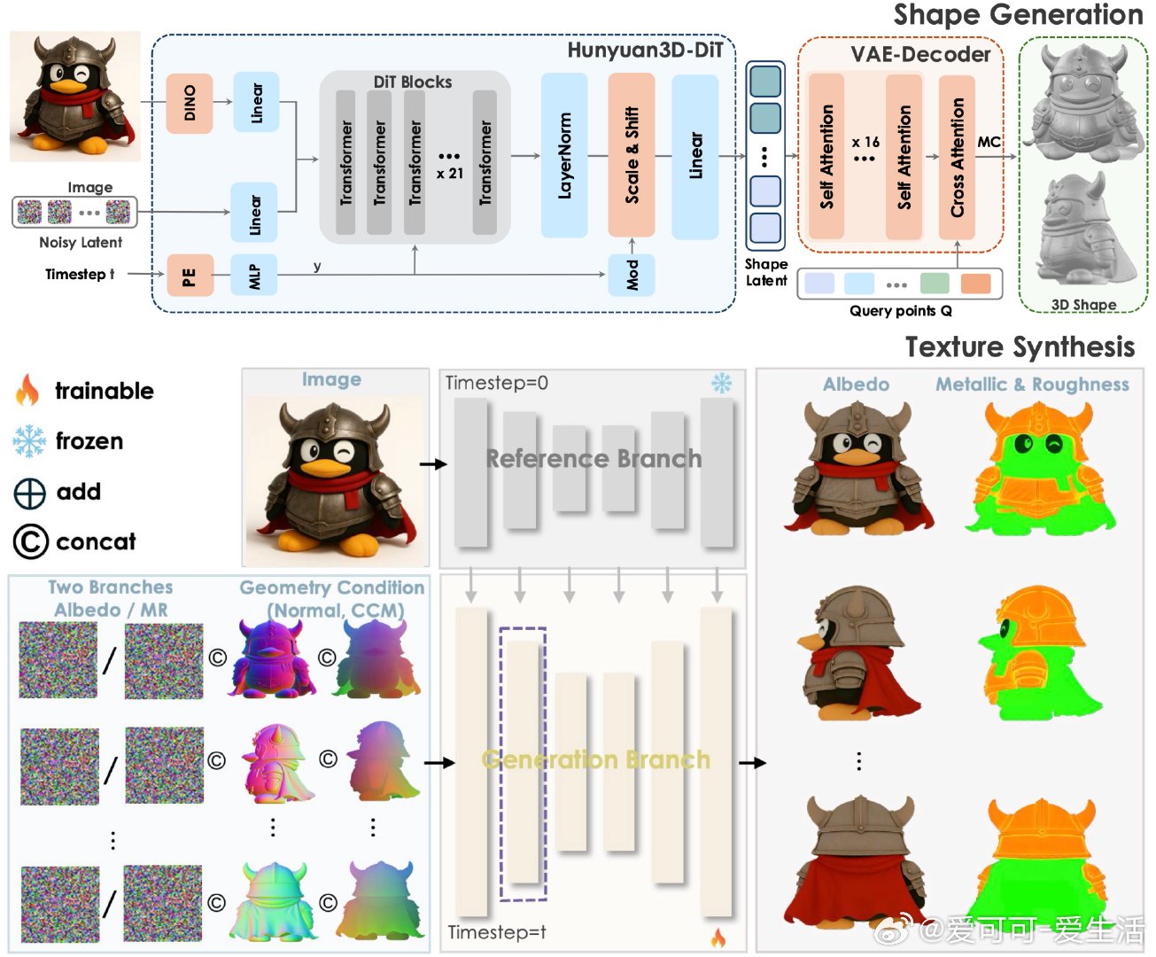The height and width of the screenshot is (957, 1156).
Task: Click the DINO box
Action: (x=190, y=103)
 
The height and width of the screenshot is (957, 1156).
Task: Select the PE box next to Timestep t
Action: (x=190, y=276)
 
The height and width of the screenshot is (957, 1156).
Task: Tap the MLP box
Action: (x=253, y=276)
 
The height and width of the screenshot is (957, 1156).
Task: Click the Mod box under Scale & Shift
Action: (x=631, y=276)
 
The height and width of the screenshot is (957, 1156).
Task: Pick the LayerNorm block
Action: (x=564, y=156)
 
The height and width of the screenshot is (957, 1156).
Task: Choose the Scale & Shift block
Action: (x=631, y=156)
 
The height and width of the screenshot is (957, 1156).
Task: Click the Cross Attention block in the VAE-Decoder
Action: (x=957, y=158)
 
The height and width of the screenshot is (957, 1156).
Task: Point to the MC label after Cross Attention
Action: (x=989, y=143)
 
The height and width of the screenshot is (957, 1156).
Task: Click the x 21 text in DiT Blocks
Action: (x=450, y=174)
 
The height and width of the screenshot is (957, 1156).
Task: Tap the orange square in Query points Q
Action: (x=975, y=284)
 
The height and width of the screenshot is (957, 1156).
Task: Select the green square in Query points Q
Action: (x=935, y=284)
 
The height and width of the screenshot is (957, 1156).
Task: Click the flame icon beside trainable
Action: (x=27, y=390)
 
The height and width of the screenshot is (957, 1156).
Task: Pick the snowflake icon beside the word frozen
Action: (x=28, y=441)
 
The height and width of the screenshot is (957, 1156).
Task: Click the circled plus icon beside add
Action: (x=29, y=494)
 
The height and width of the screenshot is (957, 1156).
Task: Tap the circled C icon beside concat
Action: (x=30, y=541)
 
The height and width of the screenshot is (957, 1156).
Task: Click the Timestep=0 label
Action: (x=497, y=383)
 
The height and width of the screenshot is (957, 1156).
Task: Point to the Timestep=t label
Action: (x=497, y=932)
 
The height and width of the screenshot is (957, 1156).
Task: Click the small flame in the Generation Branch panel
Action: (x=718, y=938)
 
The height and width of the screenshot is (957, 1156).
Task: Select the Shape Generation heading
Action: (x=1018, y=15)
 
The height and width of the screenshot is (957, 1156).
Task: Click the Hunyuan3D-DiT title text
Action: (x=645, y=51)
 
